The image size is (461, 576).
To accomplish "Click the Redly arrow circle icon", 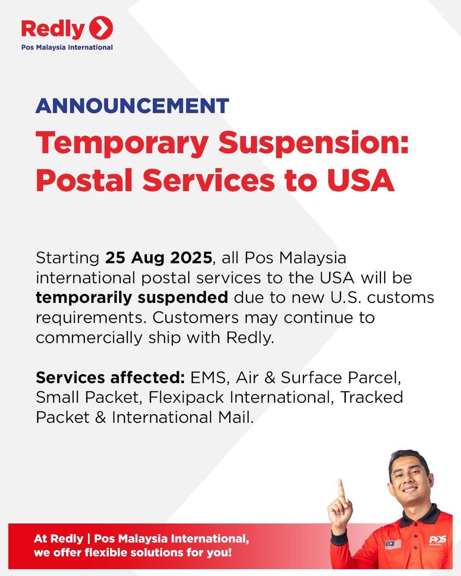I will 102,28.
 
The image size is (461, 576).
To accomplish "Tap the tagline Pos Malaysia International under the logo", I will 67,48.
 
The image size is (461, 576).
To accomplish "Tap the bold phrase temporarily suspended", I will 132,298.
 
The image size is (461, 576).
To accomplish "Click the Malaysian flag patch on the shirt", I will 393,544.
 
